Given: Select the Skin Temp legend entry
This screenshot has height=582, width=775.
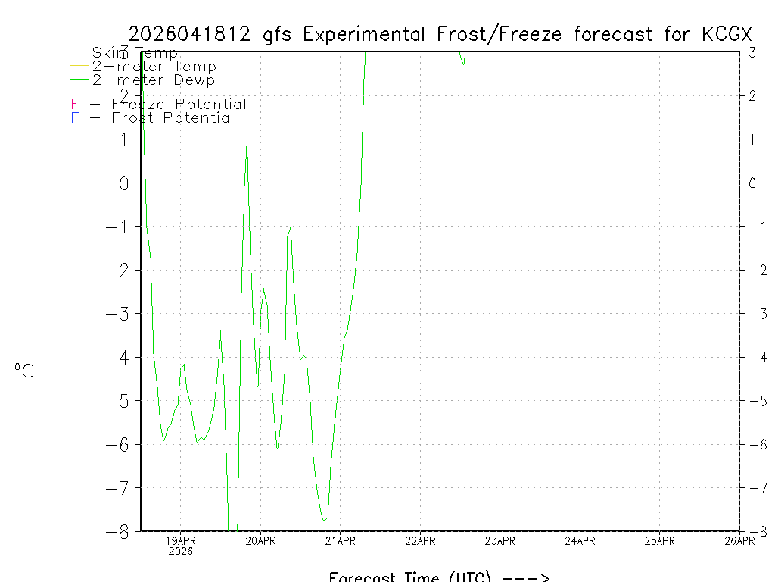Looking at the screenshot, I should (135, 53).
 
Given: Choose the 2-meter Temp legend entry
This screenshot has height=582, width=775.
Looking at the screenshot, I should (154, 67).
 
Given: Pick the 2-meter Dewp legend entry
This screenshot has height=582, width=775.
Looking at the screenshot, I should (153, 80).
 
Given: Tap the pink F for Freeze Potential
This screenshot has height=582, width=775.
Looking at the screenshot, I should (75, 105).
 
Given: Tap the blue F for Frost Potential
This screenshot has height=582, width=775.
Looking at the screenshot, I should (75, 118).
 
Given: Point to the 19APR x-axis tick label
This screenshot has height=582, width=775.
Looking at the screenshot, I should (181, 541).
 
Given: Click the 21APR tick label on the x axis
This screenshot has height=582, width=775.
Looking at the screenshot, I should (341, 541).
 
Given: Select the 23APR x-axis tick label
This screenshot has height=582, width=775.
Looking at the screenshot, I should (500, 541).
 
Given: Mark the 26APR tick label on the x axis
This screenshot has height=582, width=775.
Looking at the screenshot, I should (739, 541).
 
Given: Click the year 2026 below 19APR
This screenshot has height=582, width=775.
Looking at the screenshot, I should (181, 552).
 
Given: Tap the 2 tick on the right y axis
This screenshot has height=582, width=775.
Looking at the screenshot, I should (752, 96).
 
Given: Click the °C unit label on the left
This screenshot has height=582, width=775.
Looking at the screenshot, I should (24, 371).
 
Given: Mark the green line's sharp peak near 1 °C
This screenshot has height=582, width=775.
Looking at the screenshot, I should (247, 133).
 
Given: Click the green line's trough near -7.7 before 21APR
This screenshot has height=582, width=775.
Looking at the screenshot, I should (324, 520).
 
